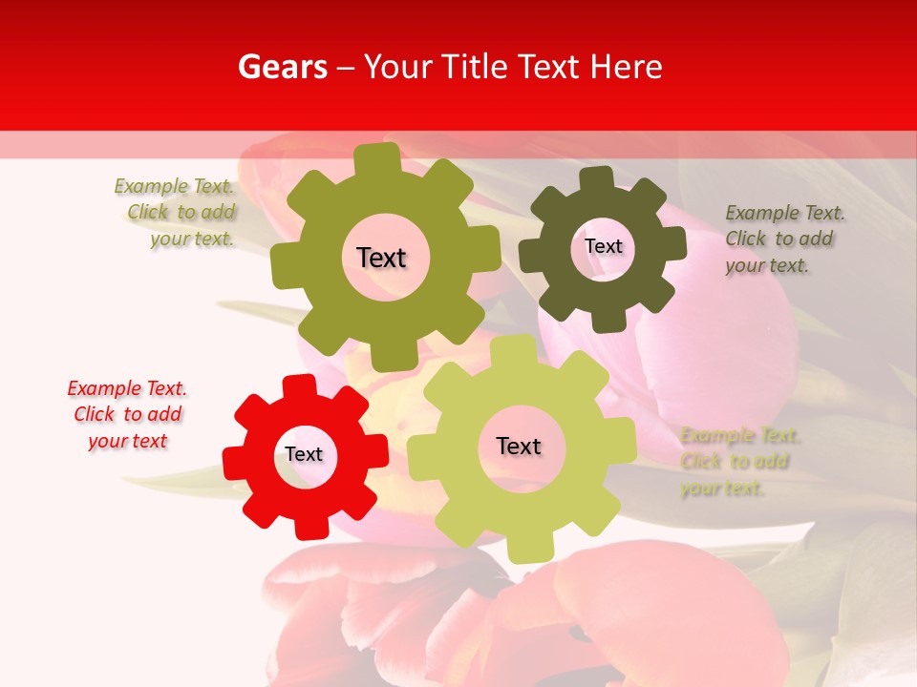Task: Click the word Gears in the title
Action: [x=282, y=67]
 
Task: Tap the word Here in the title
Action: [x=628, y=67]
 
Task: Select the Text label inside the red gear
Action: [x=304, y=454]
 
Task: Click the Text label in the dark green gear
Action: [x=603, y=246]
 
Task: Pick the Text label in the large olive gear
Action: [x=381, y=258]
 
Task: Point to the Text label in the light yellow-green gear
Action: [x=519, y=446]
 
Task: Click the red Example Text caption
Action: [x=127, y=414]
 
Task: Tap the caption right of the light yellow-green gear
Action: [x=736, y=462]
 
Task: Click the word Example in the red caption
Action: [x=102, y=388]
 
